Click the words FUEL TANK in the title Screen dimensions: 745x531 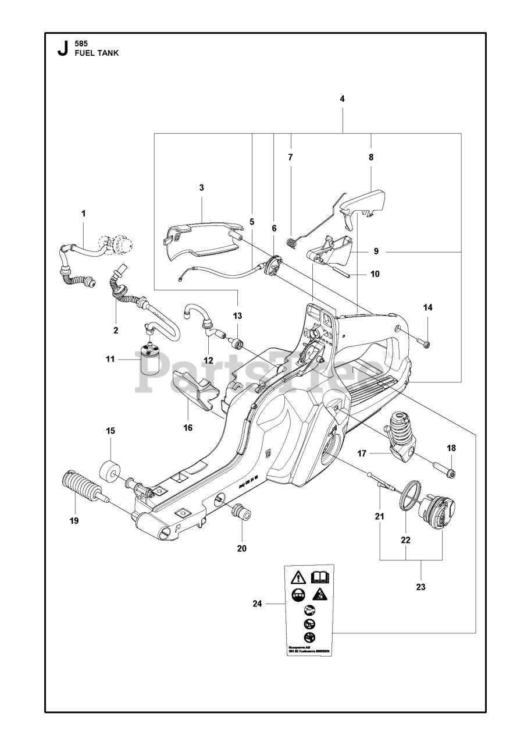point(97,52)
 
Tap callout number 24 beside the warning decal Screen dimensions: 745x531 point(258,604)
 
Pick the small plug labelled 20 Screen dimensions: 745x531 point(241,513)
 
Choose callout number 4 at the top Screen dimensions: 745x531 point(343,99)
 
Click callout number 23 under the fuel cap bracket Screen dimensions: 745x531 point(420,587)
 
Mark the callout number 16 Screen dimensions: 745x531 point(188,427)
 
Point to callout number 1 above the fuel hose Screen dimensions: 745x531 point(83,214)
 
